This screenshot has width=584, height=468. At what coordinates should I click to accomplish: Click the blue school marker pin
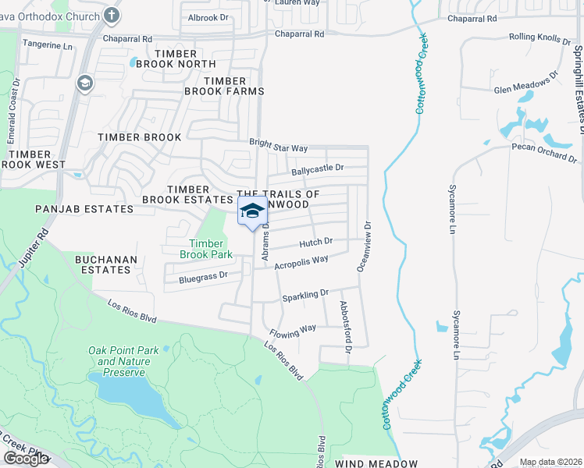pyautogui.click(x=251, y=211)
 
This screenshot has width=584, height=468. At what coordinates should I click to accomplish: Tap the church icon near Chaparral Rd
pyautogui.click(x=112, y=15)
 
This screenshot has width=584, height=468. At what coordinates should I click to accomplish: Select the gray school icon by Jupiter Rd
pyautogui.click(x=84, y=83)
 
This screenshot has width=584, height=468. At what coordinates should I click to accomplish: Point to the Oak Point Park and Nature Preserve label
pyautogui.click(x=123, y=361)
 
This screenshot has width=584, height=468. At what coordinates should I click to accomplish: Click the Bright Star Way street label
pyautogui.click(x=279, y=146)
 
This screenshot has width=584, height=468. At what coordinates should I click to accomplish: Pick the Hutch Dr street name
pyautogui.click(x=316, y=243)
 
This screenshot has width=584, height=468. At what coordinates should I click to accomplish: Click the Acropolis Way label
pyautogui.click(x=301, y=261)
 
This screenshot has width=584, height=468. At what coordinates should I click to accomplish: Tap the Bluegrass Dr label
pyautogui.click(x=202, y=275)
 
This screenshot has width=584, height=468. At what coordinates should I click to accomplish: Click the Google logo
pyautogui.click(x=25, y=459)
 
